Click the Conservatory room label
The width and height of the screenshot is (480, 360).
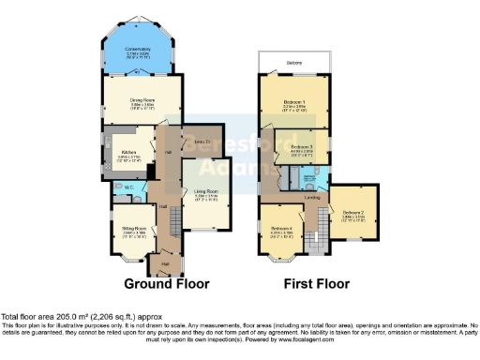coord(139,52)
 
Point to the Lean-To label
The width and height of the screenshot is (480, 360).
coord(200,141)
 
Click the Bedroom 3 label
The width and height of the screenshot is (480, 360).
coord(301,148)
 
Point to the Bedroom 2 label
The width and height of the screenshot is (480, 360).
coord(353,214)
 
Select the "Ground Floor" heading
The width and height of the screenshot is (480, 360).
coord(167,283)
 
